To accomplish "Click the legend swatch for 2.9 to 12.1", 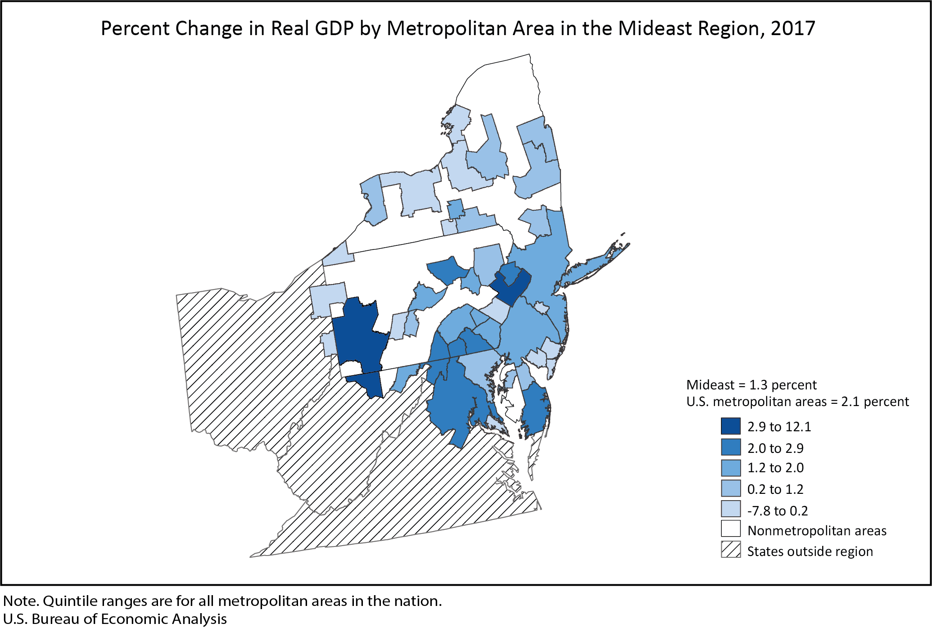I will (x=730, y=426).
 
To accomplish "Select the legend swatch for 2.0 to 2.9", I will (x=730, y=447).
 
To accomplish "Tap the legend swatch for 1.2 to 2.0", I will (x=730, y=467).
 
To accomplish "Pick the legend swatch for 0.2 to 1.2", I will (x=730, y=488).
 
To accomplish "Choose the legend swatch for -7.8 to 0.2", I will (x=730, y=509).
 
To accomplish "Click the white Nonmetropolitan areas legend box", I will (x=730, y=529).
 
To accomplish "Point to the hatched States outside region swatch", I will (x=730, y=550).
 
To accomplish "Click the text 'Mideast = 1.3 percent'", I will (x=751, y=385).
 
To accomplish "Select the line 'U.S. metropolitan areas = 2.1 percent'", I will (x=797, y=402).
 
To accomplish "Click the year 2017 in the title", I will (x=792, y=28).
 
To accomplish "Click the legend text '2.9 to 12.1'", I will (x=779, y=427).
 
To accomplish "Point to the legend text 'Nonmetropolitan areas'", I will (x=817, y=531).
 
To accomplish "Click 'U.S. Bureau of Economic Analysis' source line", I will (x=115, y=619).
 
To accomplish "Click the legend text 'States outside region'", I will (x=810, y=551).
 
